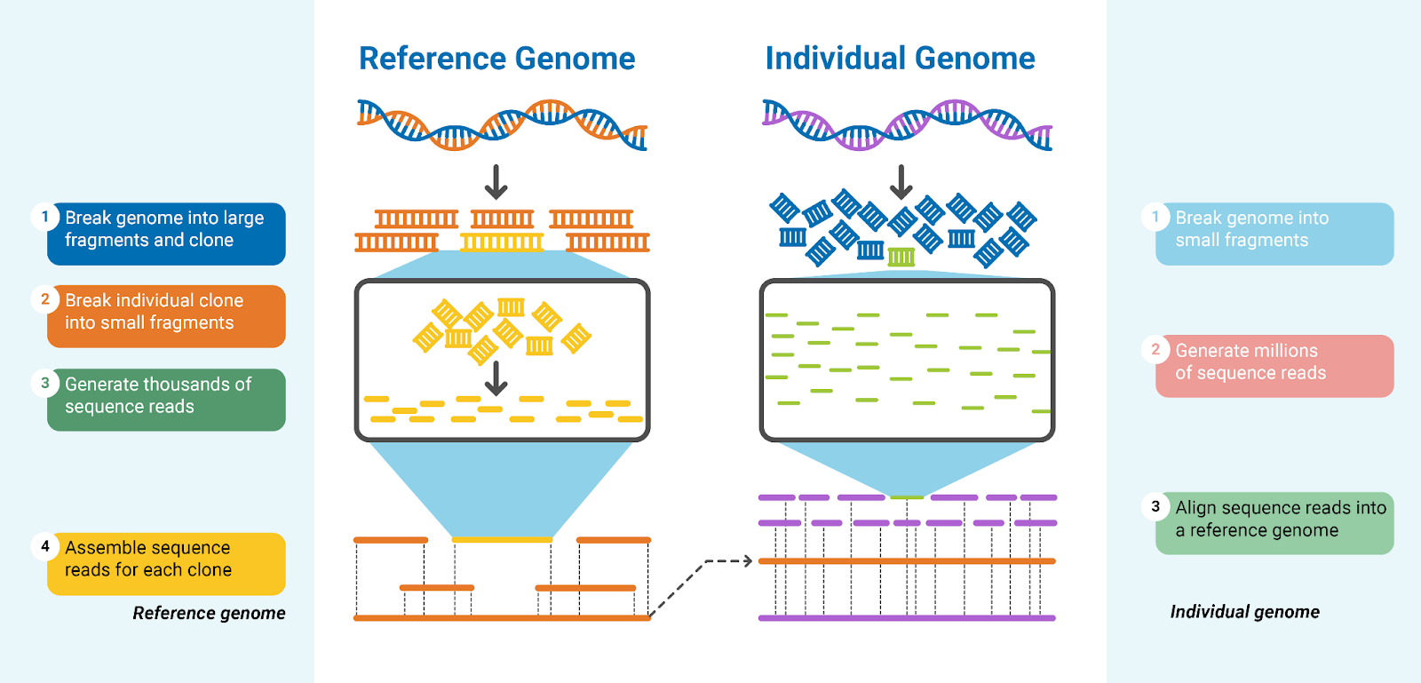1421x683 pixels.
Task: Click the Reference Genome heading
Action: (496, 59)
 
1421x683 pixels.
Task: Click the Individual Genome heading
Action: (900, 59)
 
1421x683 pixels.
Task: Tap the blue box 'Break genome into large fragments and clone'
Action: (166, 234)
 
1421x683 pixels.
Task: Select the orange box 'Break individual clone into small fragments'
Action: (166, 315)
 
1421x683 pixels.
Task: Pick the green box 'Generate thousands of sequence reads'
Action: (166, 400)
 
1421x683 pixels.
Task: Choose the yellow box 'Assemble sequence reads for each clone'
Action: (166, 563)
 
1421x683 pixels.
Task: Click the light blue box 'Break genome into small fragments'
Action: (1274, 234)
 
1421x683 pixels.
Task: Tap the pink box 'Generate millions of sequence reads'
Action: (1274, 366)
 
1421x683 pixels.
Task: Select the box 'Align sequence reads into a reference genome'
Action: (1274, 523)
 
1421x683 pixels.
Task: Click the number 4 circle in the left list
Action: (45, 546)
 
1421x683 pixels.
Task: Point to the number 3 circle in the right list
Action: (1155, 506)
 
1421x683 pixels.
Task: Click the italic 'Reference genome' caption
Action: (209, 613)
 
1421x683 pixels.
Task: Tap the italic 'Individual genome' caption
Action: (1244, 612)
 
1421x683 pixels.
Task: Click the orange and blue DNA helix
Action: (502, 124)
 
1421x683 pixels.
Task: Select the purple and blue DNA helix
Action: (907, 124)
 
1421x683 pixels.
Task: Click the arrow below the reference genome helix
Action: (496, 182)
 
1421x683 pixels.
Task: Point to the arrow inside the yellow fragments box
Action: (496, 377)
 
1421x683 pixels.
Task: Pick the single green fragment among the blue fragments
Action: (901, 257)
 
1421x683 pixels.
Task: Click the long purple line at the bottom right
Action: (907, 618)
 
